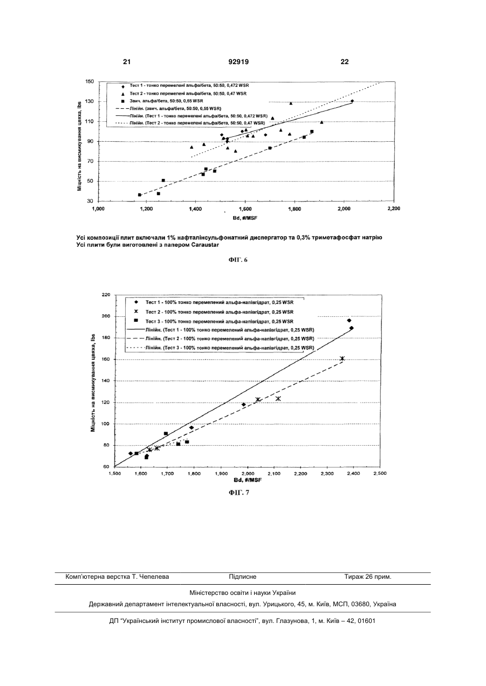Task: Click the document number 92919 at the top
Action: (238, 62)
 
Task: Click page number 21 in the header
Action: (127, 62)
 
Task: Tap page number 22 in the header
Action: (345, 62)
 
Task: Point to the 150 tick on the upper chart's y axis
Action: (90, 81)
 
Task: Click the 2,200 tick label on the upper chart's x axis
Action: (394, 209)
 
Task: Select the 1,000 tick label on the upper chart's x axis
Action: (98, 209)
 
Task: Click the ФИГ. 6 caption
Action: (238, 260)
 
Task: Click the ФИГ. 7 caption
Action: (239, 493)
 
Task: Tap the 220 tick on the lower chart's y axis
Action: (106, 295)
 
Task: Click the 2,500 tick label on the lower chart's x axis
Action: (380, 473)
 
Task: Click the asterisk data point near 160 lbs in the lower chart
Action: (343, 358)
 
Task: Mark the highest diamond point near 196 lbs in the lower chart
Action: (349, 320)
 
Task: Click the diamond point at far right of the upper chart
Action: (352, 101)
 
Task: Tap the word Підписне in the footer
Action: (243, 577)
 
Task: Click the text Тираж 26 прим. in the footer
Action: (368, 577)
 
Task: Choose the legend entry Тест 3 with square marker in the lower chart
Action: (214, 321)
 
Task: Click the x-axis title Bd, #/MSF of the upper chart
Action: (245, 218)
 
